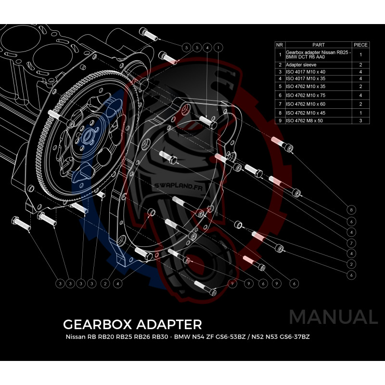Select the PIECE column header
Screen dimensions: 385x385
[360, 45]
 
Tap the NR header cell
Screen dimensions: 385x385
[280, 45]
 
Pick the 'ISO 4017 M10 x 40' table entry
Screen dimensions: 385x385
[305, 72]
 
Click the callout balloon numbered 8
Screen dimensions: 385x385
[352, 210]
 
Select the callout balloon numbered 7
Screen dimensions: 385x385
[352, 243]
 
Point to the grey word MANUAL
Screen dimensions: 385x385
[333, 317]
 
